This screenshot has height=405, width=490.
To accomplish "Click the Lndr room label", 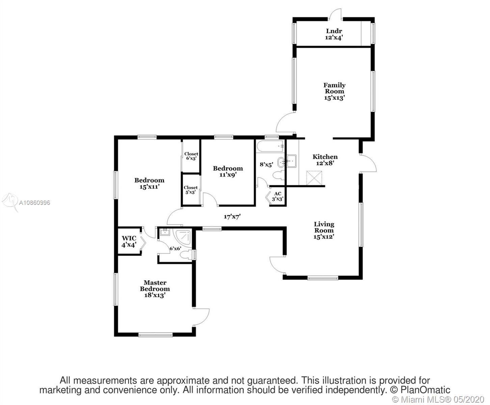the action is point(334,31).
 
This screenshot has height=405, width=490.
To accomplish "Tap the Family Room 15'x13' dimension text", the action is point(334,98).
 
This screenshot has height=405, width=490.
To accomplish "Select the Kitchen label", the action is point(325,157).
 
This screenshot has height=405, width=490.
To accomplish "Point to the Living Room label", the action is point(324,227).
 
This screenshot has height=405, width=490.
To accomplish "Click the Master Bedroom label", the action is point(155,286).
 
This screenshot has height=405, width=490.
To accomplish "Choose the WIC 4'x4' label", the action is point(129,242).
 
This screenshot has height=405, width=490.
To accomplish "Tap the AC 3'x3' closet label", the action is point(278,196).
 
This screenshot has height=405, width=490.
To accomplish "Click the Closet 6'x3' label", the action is point(191,156).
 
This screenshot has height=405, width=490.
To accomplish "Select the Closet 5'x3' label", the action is point(190,190).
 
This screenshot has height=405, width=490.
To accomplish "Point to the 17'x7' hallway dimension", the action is point(232,216).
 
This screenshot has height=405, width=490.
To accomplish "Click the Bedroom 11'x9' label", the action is point(228,171).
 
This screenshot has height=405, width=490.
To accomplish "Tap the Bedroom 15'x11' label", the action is point(149,183).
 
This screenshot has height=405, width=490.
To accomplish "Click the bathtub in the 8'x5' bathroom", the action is point(270,146).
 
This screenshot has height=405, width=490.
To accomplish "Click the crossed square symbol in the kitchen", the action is point(314,178).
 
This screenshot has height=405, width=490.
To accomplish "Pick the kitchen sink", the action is point(291,161).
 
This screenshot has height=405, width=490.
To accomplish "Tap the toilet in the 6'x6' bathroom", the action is point(187,255).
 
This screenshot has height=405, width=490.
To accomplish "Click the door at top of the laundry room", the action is point(335,14).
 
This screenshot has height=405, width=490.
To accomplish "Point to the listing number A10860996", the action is point(34,202).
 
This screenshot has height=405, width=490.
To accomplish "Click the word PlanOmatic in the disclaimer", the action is point(425,389).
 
